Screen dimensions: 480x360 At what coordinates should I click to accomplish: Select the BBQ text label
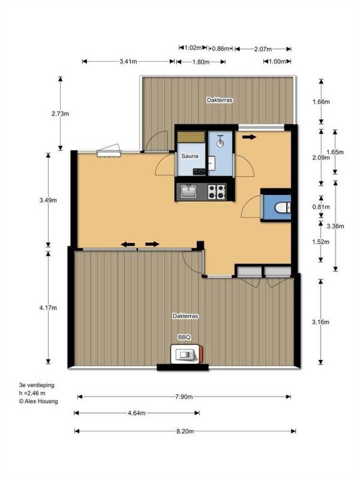[184, 337]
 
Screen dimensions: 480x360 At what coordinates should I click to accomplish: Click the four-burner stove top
[216, 191]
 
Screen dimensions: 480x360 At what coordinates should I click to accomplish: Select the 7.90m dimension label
[183, 397]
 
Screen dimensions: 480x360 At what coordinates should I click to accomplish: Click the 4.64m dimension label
[136, 413]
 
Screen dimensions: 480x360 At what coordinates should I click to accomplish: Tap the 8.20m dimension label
[183, 431]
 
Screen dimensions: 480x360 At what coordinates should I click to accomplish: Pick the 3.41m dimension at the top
[128, 61]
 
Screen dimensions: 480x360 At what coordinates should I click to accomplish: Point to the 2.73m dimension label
[61, 113]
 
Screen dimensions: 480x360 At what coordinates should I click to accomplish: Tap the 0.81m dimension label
[321, 207]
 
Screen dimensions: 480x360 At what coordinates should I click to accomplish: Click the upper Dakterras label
[219, 100]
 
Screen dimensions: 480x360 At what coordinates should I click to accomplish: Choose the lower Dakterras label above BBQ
[185, 317]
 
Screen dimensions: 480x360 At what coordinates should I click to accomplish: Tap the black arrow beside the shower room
[249, 137]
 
